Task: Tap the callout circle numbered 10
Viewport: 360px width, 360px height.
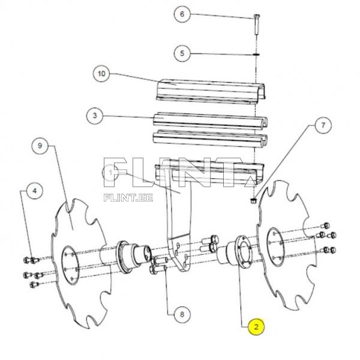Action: click(101, 74)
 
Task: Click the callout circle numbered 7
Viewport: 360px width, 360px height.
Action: click(322, 126)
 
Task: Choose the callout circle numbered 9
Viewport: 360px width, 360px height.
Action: click(40, 146)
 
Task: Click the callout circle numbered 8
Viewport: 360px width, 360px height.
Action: click(178, 313)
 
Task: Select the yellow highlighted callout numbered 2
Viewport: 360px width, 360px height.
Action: click(256, 327)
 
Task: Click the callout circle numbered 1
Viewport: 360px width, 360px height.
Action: click(112, 173)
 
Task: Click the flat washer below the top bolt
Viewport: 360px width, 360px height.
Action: click(256, 54)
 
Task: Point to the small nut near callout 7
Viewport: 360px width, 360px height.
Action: click(254, 200)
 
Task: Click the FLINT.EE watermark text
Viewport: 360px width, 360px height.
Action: click(129, 196)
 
